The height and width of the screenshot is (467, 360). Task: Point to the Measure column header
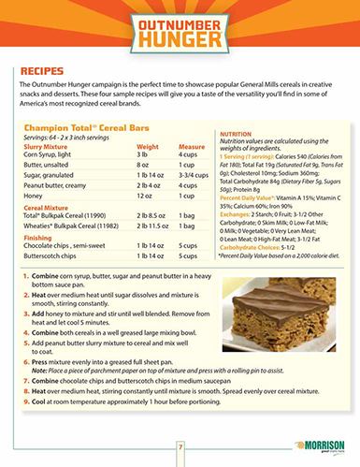click(x=191, y=146)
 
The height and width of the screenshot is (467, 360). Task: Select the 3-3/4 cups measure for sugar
click(x=194, y=173)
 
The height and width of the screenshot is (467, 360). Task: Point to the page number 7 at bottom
click(x=180, y=451)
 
